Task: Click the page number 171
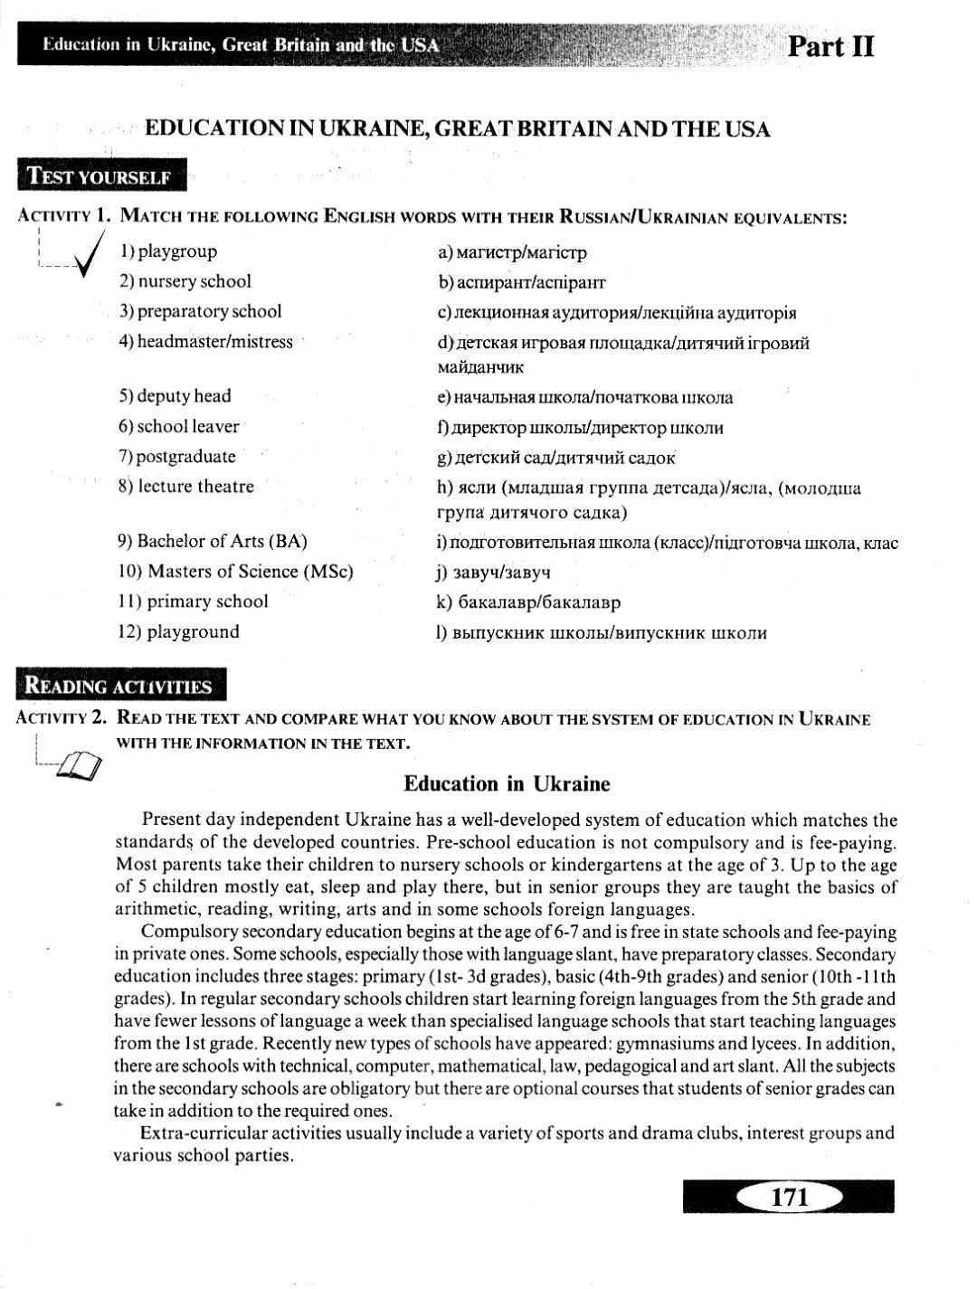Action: point(789,1197)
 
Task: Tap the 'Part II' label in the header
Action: point(830,46)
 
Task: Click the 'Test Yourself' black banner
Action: point(100,176)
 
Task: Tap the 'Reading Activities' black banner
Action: point(120,686)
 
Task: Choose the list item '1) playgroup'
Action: point(168,251)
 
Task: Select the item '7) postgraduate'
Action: point(177,456)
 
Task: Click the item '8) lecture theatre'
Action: point(185,486)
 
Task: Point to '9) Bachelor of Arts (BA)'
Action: point(213,541)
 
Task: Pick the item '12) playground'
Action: point(178,631)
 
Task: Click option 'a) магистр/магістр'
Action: point(512,252)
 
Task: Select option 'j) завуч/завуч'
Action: point(494,572)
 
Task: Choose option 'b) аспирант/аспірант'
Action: point(521,282)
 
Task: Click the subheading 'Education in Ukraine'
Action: point(507,783)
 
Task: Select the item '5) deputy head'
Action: point(175,396)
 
